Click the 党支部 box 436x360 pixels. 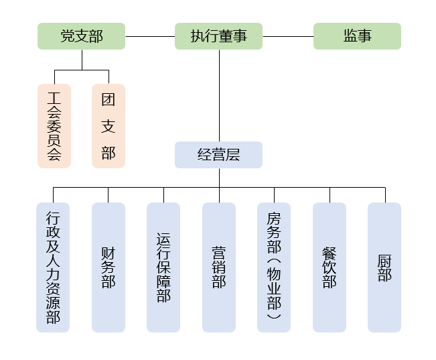point(82,36)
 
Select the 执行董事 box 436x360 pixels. point(218,36)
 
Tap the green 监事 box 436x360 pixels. point(357,36)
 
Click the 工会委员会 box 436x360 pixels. point(54,125)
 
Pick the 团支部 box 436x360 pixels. point(108,125)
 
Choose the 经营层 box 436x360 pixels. point(218,155)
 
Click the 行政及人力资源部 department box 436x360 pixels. point(53,267)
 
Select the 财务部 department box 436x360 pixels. point(108,267)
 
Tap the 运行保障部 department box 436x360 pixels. point(163,267)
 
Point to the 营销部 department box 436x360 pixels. point(219,267)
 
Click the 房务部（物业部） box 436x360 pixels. point(274,267)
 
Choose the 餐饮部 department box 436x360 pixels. point(330,267)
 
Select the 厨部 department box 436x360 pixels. point(384,267)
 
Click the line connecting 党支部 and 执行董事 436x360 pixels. point(150,36)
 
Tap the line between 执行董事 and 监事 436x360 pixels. point(288,36)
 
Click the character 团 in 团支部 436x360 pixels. point(108,100)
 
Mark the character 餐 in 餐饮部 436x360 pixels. point(330,253)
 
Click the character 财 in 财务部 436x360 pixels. point(108,253)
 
